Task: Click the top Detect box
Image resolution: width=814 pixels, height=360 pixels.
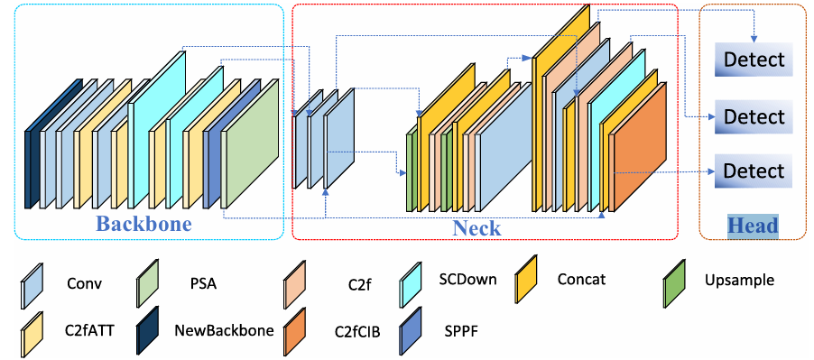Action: tap(754, 60)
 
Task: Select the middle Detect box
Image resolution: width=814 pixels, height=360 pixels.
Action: tap(754, 116)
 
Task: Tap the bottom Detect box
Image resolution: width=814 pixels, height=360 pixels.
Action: tap(754, 171)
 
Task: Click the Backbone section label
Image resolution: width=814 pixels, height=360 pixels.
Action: tap(144, 224)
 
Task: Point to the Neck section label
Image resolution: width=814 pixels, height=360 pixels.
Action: tap(476, 228)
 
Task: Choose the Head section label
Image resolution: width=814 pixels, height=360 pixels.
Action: tap(753, 226)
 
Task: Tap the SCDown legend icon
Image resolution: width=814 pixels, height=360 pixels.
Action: tap(410, 283)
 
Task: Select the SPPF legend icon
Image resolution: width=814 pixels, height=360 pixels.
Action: tap(410, 330)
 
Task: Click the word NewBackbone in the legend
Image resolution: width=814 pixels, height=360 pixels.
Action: tap(225, 330)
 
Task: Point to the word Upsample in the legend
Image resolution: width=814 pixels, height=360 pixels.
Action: tap(739, 281)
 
